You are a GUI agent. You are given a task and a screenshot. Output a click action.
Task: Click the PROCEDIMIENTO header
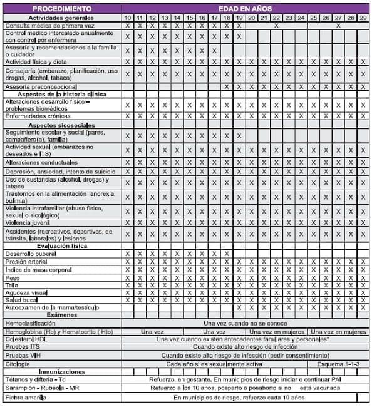point(61,9)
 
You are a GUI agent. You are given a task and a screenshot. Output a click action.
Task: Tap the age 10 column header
point(128,18)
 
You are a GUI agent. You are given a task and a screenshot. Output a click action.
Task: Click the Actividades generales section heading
point(61,18)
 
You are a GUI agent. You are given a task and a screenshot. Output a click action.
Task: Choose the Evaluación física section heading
point(61,246)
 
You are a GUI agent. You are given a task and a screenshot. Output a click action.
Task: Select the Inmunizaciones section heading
point(61,371)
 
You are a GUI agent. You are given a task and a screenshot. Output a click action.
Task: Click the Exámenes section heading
point(61,315)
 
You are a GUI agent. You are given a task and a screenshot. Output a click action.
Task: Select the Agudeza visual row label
point(28,292)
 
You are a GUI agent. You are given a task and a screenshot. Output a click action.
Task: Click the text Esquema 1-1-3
point(338,363)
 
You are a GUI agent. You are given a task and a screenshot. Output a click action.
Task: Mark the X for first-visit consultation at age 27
point(338,26)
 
